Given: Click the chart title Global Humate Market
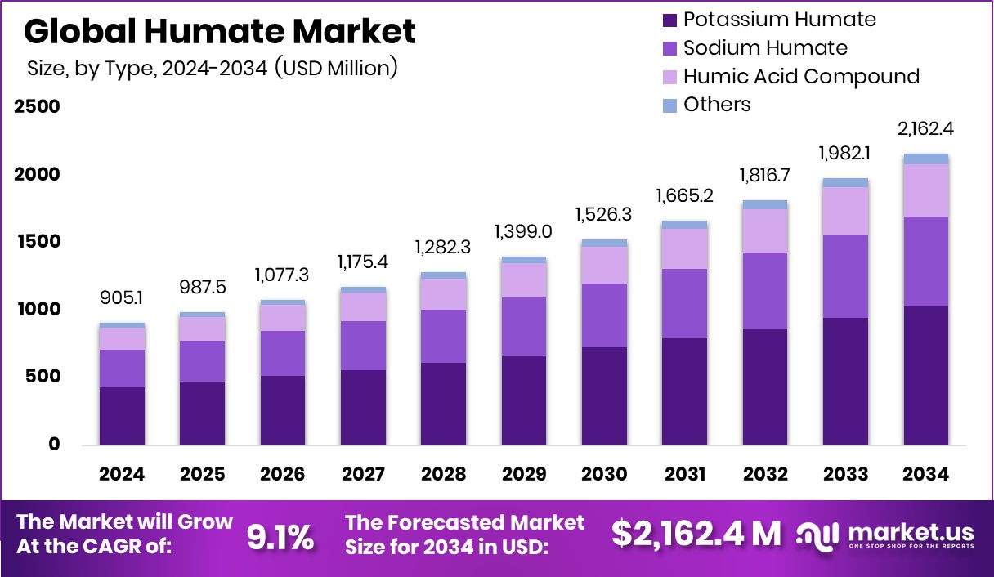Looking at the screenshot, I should [220, 31].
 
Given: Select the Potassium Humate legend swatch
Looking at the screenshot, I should [669, 20].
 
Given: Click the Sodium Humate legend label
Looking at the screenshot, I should [765, 48].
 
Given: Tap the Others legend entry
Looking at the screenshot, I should [716, 105].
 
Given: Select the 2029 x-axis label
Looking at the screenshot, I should [524, 475].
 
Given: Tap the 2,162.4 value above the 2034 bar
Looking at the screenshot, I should [925, 129].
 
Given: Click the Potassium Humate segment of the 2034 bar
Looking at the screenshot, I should [926, 376].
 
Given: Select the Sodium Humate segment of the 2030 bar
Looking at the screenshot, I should [604, 315].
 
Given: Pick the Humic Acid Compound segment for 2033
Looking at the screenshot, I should [845, 212].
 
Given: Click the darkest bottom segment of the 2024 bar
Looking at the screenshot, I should [122, 416].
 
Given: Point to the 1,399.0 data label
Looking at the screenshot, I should [524, 232].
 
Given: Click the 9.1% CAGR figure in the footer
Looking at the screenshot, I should [280, 537].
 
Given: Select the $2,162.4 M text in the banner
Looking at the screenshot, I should [696, 534].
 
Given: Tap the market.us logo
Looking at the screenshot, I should [886, 535].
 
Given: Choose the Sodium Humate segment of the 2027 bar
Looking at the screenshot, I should [363, 346].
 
